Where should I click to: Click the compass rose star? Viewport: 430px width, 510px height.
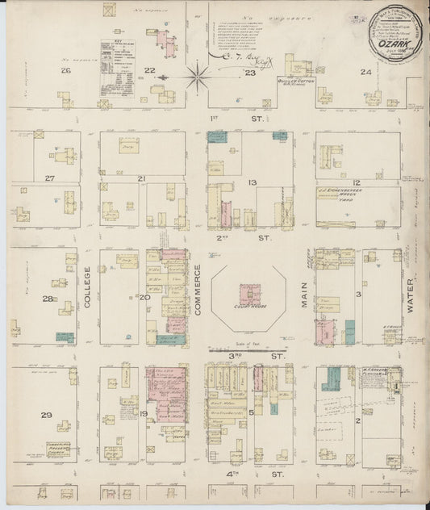click(198, 78)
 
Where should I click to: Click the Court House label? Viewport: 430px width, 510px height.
click(247, 306)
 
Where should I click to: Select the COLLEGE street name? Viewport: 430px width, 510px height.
click(88, 289)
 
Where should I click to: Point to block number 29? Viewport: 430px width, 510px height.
click(47, 416)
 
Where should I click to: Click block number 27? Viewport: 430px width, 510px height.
click(50, 178)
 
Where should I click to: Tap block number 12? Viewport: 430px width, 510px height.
click(356, 183)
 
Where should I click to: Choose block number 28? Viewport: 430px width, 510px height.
click(48, 299)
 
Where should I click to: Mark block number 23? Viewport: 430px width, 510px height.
click(251, 73)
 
